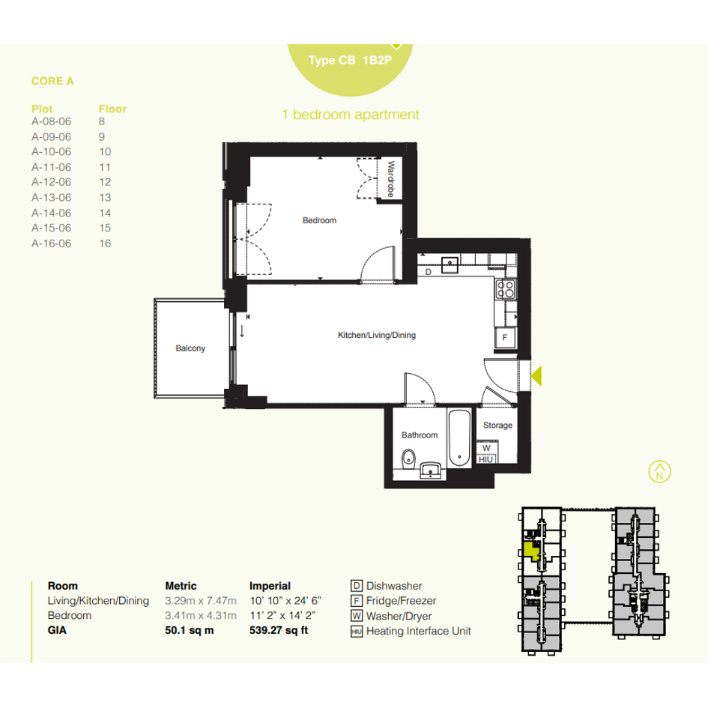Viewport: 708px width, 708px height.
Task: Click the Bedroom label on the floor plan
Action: pos(319,220)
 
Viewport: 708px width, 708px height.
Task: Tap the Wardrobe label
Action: pos(390,179)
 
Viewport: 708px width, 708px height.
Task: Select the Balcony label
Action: pos(190,348)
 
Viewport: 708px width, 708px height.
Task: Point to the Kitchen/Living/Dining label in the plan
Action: pos(377,335)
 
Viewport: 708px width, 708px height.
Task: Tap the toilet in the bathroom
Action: pos(408,459)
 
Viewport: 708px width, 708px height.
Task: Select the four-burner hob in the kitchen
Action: pos(505,289)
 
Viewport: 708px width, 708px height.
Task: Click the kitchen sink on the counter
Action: pos(450,264)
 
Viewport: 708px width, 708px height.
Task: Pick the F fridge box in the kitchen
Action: pos(505,337)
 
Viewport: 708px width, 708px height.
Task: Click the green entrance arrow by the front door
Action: pos(537,375)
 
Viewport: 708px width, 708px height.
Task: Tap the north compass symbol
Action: pos(659,472)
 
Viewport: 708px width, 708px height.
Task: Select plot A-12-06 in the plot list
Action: pos(51,182)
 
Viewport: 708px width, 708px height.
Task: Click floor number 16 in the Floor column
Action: pos(105,243)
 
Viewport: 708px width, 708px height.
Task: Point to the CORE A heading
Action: pos(52,81)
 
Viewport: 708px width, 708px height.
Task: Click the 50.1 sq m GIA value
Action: pos(190,630)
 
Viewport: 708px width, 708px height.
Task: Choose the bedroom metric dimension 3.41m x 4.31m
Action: pos(201,615)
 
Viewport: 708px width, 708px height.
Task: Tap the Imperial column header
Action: pos(270,586)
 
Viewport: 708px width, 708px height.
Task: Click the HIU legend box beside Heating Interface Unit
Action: pos(357,632)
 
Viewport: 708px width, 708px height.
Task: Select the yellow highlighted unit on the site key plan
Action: pos(531,551)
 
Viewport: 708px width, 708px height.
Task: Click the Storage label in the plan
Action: pos(497,426)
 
